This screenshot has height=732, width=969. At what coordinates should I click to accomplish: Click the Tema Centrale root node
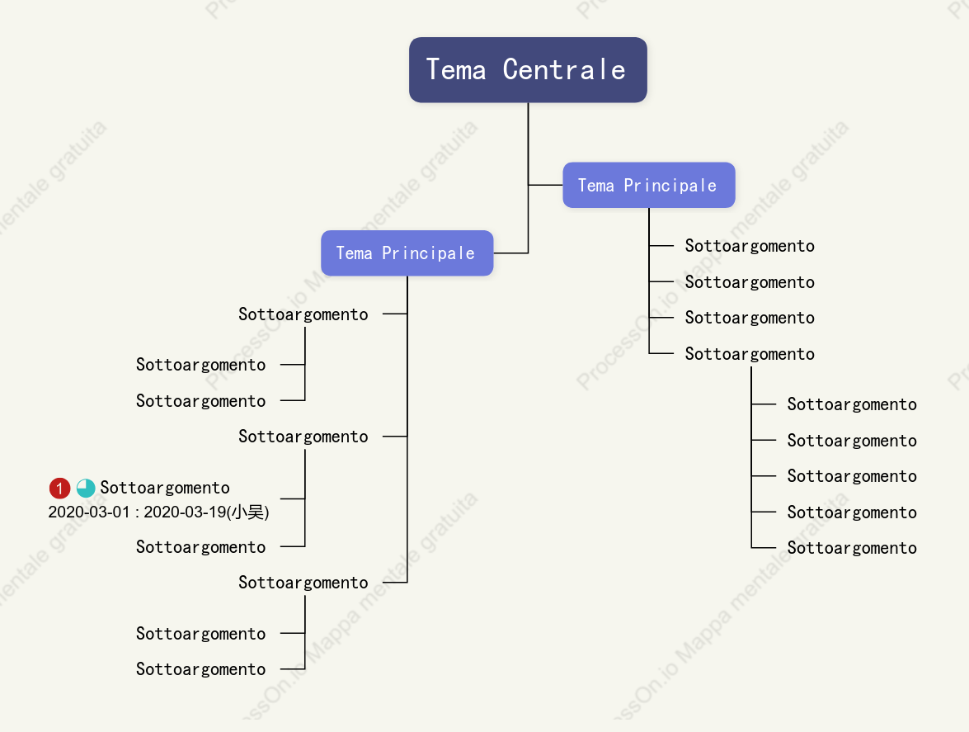tap(528, 70)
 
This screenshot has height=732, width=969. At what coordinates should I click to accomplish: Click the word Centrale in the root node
tap(563, 69)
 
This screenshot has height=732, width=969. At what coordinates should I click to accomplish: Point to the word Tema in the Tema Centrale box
tap(456, 69)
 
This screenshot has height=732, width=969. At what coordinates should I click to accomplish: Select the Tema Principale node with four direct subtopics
tap(649, 185)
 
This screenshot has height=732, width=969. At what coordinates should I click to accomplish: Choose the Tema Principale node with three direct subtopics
tap(407, 253)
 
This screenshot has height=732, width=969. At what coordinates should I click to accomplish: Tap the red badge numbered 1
tap(60, 488)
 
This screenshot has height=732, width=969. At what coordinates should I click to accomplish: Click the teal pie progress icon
tap(86, 488)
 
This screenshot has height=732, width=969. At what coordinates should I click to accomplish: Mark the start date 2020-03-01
tap(89, 512)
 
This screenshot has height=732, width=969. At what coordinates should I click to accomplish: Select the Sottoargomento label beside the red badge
tap(165, 488)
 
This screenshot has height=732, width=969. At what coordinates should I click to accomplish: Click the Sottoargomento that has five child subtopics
tap(750, 354)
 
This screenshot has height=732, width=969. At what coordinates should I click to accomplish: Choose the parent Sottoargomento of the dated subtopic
tap(303, 437)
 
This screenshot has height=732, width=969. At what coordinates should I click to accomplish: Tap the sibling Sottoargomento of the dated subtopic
tap(201, 547)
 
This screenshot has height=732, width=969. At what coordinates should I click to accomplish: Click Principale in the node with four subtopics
tap(670, 186)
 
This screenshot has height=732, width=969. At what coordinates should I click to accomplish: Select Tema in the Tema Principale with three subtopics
tap(354, 253)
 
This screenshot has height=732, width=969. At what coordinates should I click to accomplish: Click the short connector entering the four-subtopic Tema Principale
tap(546, 185)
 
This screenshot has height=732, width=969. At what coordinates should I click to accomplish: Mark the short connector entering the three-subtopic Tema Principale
tap(511, 253)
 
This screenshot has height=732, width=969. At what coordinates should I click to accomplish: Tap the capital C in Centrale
tap(510, 69)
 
